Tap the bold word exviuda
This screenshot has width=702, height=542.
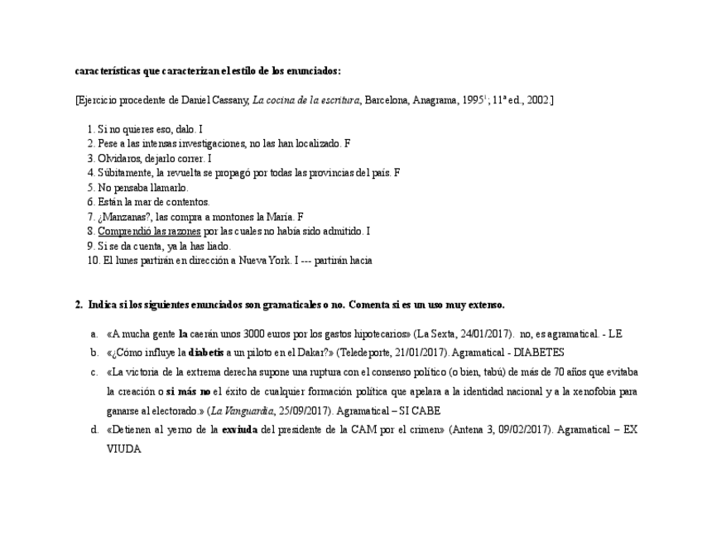click(x=239, y=429)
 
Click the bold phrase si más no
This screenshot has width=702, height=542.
click(x=188, y=391)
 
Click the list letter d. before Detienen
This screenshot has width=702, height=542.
click(x=94, y=429)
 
